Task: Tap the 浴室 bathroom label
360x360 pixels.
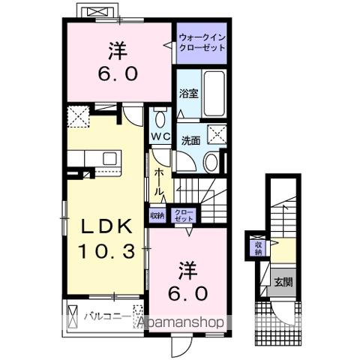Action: point(187,94)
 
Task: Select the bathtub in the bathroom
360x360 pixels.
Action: point(216,94)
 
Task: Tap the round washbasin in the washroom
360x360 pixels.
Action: point(211,163)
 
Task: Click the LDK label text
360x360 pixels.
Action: point(102,226)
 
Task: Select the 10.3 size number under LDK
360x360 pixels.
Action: point(103,251)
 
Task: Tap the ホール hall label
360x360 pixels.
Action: point(159,182)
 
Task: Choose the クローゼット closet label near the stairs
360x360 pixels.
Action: point(182,214)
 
